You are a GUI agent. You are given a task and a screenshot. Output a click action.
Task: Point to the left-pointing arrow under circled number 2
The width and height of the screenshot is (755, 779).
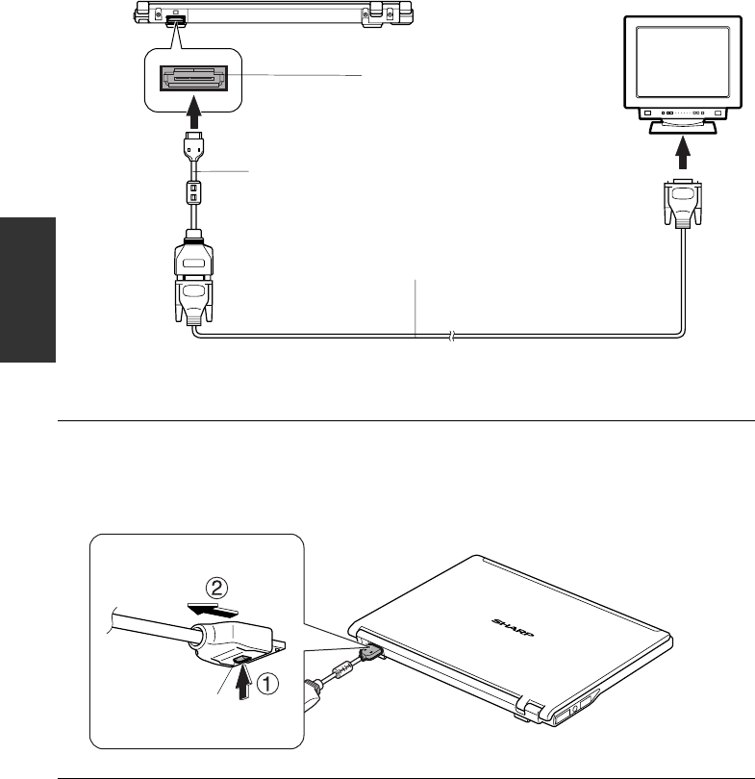213,609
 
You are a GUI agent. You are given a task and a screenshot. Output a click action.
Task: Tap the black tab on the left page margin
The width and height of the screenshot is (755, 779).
28,289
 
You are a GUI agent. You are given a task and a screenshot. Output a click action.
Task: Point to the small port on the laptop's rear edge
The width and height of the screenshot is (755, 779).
176,19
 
